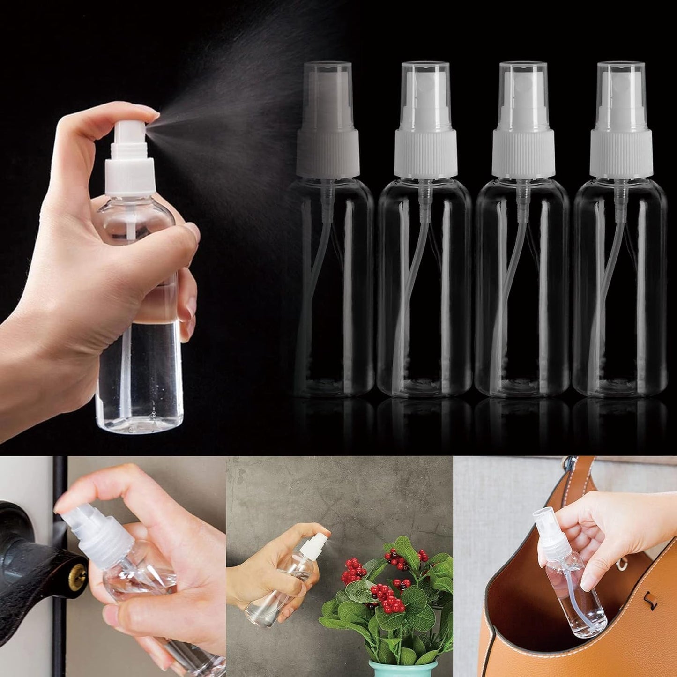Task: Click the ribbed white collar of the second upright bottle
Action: [x=425, y=153]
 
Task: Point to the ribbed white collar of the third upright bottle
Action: [x=523, y=153]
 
